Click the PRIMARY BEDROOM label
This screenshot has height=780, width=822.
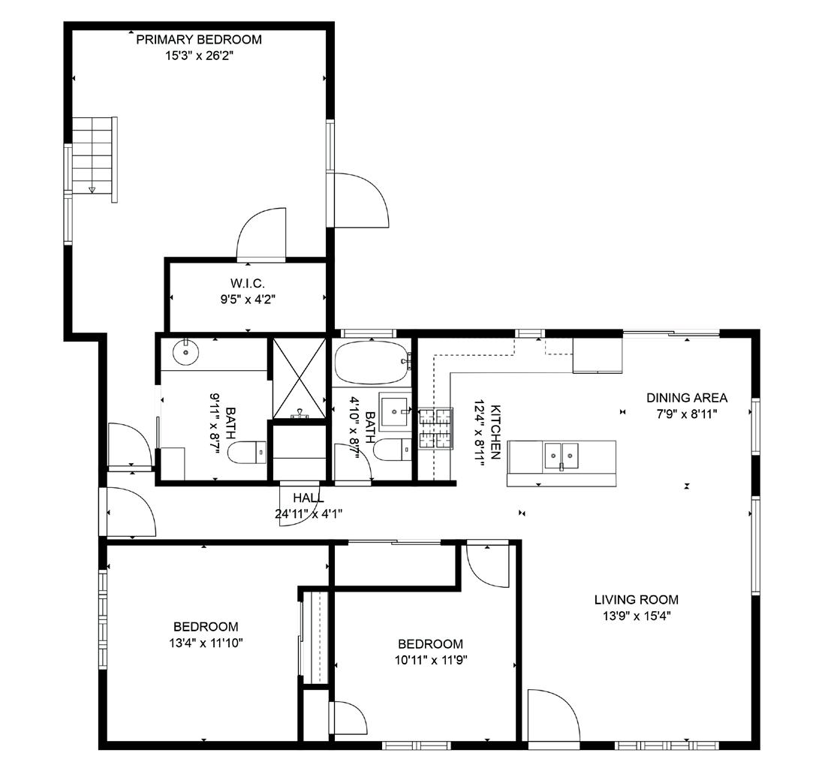(x=199, y=39)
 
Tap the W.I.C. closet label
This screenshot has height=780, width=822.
(x=248, y=284)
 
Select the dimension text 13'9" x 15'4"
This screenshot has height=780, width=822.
(x=637, y=616)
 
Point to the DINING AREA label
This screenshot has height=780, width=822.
(x=687, y=398)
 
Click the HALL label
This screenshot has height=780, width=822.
(x=309, y=498)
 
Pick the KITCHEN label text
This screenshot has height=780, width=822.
(x=495, y=432)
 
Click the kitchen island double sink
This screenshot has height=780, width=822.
(x=562, y=455)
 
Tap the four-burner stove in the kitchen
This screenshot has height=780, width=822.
(x=435, y=429)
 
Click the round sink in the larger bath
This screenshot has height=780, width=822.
(x=185, y=352)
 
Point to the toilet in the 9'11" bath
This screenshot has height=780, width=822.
(x=247, y=453)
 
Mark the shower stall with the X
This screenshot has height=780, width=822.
(x=300, y=378)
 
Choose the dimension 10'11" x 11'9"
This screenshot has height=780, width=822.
(x=431, y=660)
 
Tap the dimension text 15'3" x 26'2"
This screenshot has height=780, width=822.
(x=199, y=56)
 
